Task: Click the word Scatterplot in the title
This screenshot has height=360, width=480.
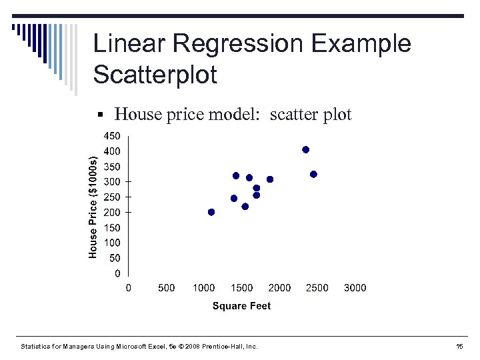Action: coord(155,75)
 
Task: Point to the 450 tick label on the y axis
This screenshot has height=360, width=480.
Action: coord(112,136)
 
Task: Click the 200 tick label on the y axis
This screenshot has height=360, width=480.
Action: coord(112,213)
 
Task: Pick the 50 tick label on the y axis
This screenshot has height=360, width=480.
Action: coord(115,258)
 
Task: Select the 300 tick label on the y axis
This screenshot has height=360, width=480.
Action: coord(112,182)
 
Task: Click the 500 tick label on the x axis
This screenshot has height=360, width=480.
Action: coord(166,288)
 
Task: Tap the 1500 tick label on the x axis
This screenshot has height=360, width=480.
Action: coord(241,288)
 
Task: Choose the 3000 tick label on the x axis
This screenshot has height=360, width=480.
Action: coord(355,288)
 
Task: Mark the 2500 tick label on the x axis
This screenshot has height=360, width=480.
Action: coord(317,288)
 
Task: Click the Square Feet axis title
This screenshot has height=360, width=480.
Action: coord(241,306)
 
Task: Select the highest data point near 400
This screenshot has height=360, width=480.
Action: coord(305,150)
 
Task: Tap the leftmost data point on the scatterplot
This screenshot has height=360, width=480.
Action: coord(211,213)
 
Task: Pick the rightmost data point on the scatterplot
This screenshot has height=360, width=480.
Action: coord(313,175)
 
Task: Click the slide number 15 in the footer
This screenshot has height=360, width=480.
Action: coord(459,347)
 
